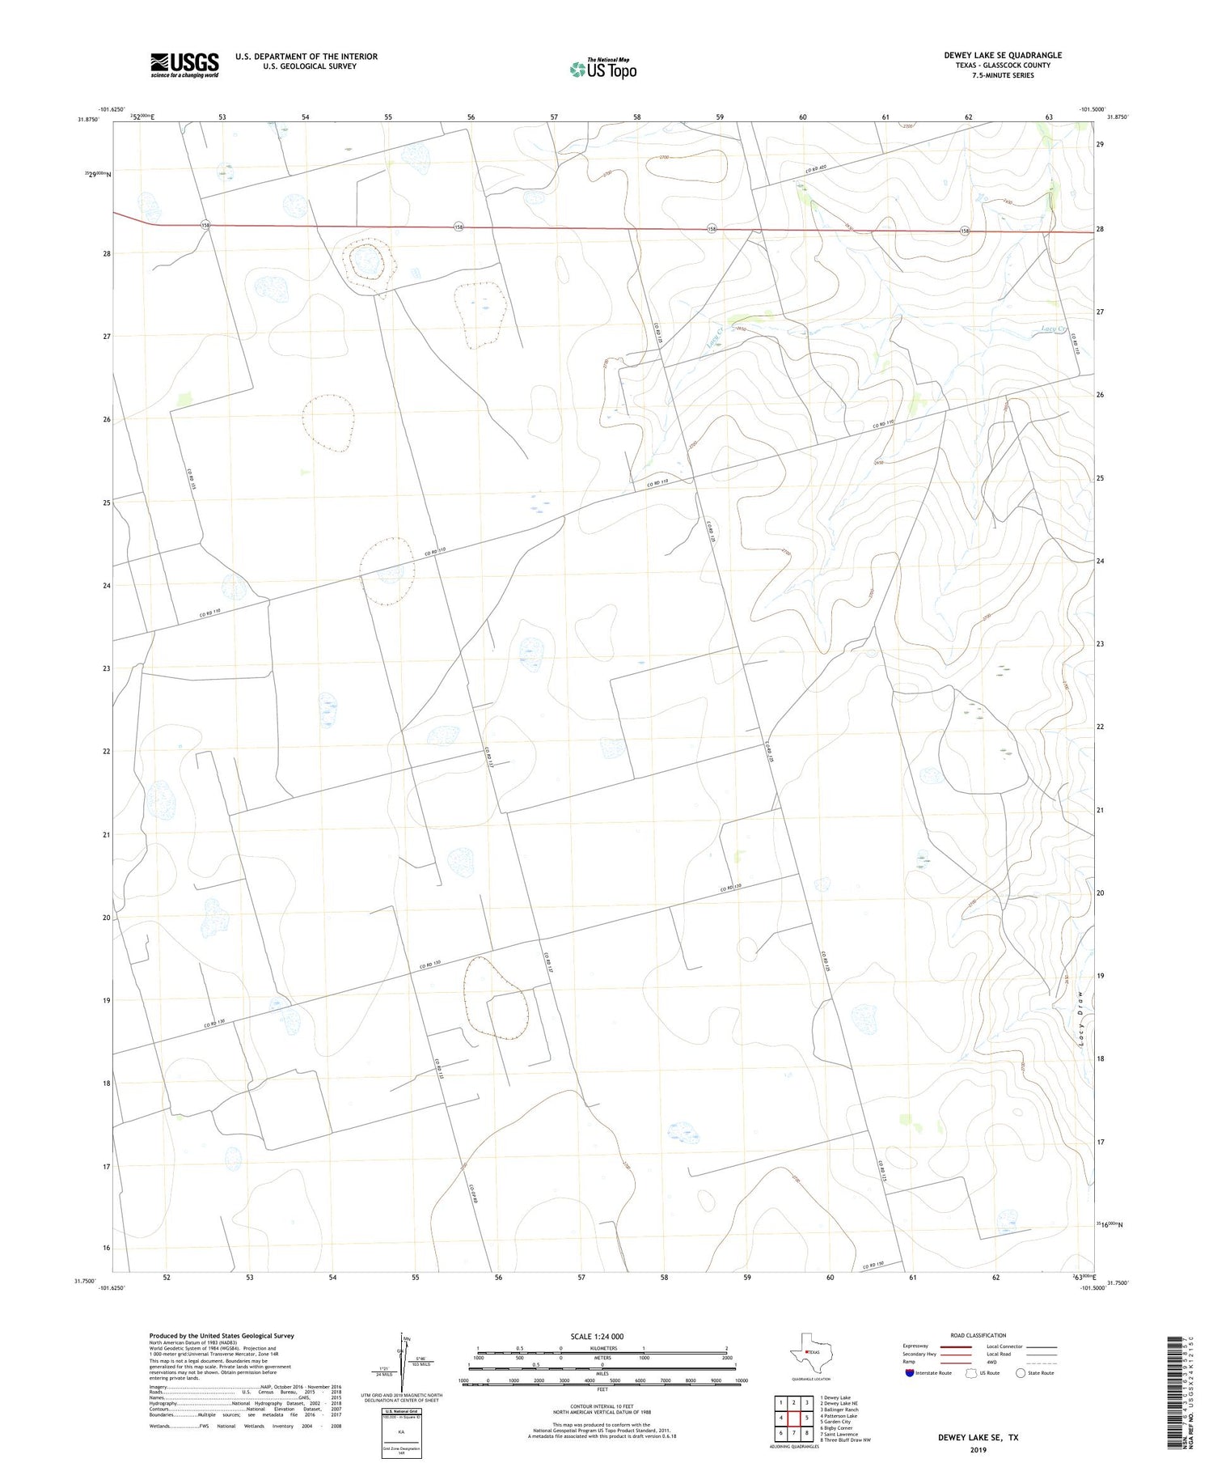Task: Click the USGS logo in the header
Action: point(184,65)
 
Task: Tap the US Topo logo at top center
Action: point(603,69)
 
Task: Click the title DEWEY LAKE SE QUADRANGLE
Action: point(1003,55)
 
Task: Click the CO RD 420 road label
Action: point(818,170)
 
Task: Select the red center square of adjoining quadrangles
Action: point(794,1418)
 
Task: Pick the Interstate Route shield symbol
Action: point(911,1373)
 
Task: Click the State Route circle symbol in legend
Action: point(1021,1373)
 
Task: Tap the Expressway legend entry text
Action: point(915,1346)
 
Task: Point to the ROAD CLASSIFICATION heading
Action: point(978,1335)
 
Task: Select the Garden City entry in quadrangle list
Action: point(835,1422)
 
